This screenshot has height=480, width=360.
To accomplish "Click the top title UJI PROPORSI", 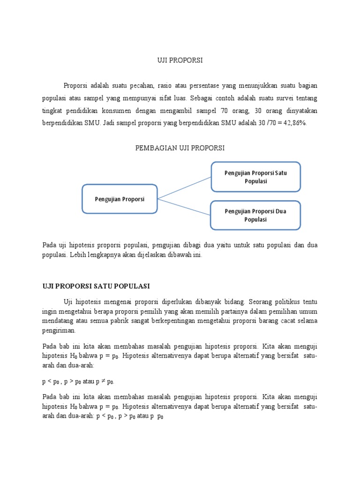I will tap(180, 60).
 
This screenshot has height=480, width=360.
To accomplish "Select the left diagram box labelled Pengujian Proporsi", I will tap(120, 199).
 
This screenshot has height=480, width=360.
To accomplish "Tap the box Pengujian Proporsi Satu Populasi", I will tap(255, 177).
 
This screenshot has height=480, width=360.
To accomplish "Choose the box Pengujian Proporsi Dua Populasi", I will tap(255, 215).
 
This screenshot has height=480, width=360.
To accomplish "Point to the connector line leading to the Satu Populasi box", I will tap(184, 188).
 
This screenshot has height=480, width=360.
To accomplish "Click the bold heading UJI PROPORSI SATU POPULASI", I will tap(96, 286).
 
